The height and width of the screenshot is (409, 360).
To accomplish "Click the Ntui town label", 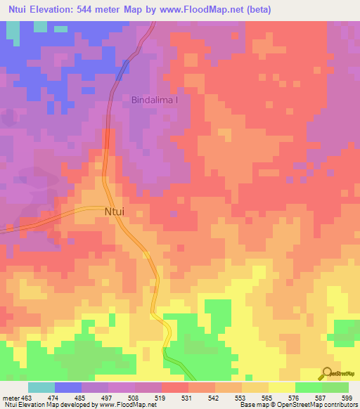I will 115,210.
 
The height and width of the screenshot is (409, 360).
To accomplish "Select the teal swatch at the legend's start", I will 41,387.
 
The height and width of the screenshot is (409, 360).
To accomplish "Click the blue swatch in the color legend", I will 68,387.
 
